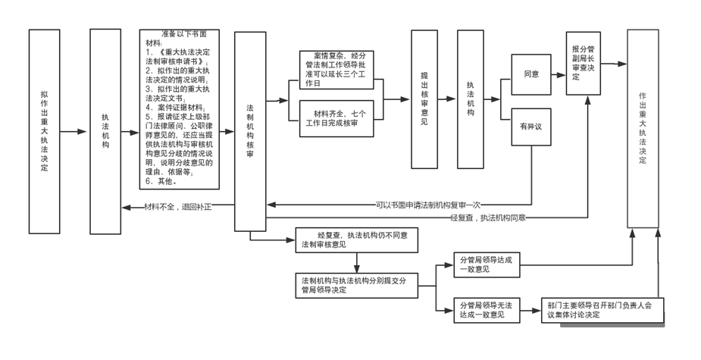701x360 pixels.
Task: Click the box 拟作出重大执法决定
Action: coord(44,130)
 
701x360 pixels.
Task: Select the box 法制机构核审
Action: coord(250,130)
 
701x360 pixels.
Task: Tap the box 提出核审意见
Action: coord(424,99)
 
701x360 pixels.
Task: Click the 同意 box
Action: coord(530,74)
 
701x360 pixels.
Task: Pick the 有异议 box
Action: coord(530,127)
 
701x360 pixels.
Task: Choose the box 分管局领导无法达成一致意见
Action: coord(486,309)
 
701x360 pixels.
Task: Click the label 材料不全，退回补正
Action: coord(178,206)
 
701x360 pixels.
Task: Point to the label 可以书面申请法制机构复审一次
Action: coord(428,205)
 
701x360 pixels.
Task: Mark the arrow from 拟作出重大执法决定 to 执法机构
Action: coord(74,131)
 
